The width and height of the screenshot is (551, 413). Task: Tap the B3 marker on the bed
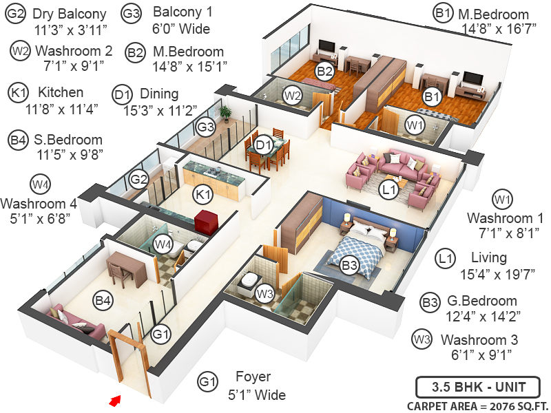(x=350, y=265)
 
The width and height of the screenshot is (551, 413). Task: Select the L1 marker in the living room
(x=389, y=187)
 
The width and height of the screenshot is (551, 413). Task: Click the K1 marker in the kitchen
(x=203, y=195)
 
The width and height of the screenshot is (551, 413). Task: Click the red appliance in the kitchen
(x=206, y=223)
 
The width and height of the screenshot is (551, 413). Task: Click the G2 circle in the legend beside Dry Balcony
(x=16, y=14)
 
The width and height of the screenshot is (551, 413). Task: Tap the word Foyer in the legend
(x=253, y=377)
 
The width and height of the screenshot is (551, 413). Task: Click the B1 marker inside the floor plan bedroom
(x=432, y=97)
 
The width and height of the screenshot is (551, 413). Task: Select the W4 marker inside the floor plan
(x=163, y=243)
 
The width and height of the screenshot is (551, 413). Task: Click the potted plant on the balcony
(x=225, y=113)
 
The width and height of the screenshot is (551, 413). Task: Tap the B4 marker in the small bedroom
(x=103, y=300)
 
